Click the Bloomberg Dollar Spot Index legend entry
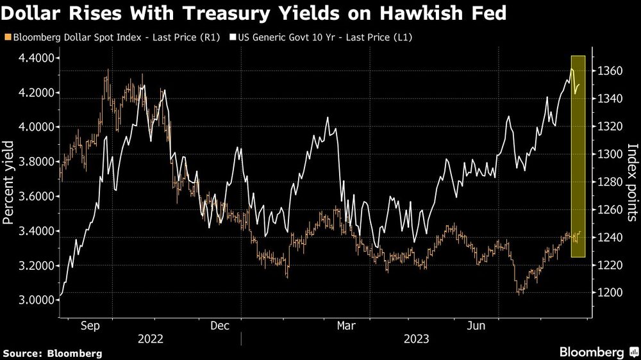coord(112,38)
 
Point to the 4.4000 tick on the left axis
coord(36,58)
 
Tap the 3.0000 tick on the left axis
coord(36,300)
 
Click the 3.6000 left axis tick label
coord(36,197)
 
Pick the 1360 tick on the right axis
coord(609,70)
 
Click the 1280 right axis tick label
coord(609,182)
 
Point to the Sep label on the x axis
coord(90,326)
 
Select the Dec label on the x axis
coord(219,326)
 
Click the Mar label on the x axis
coord(347,326)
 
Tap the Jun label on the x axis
coord(476,326)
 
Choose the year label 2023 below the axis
coord(417,339)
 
